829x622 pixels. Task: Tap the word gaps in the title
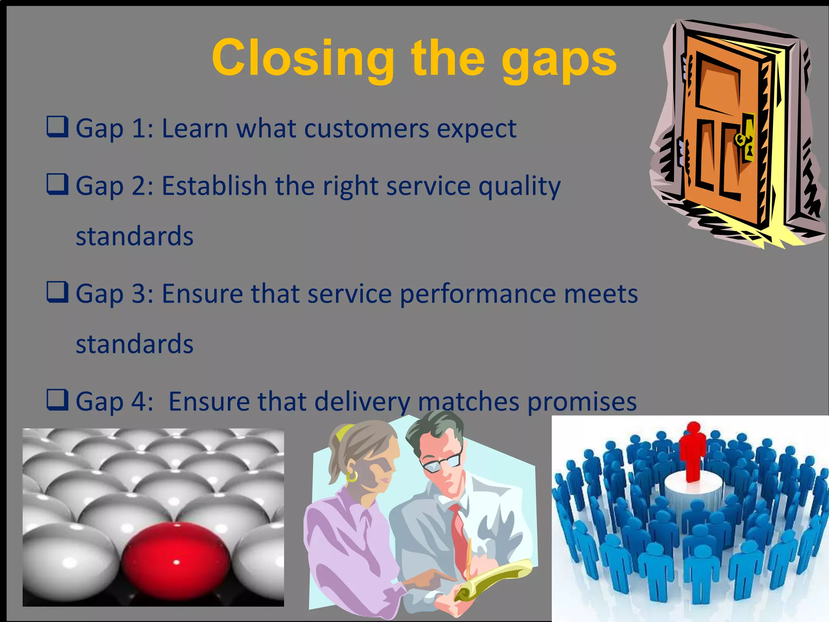[x=559, y=61]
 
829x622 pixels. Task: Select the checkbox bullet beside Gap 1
[x=57, y=127]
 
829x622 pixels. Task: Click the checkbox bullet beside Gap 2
[x=57, y=184]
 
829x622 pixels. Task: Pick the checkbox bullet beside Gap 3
[x=57, y=292]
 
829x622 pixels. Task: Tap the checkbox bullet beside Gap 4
[x=57, y=400]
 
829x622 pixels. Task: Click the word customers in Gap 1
[x=366, y=129]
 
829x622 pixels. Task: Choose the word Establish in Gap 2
[x=214, y=186]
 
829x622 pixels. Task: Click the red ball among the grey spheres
[x=176, y=561]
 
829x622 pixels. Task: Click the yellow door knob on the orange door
[x=740, y=139]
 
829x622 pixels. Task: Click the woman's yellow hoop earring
[x=352, y=476]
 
